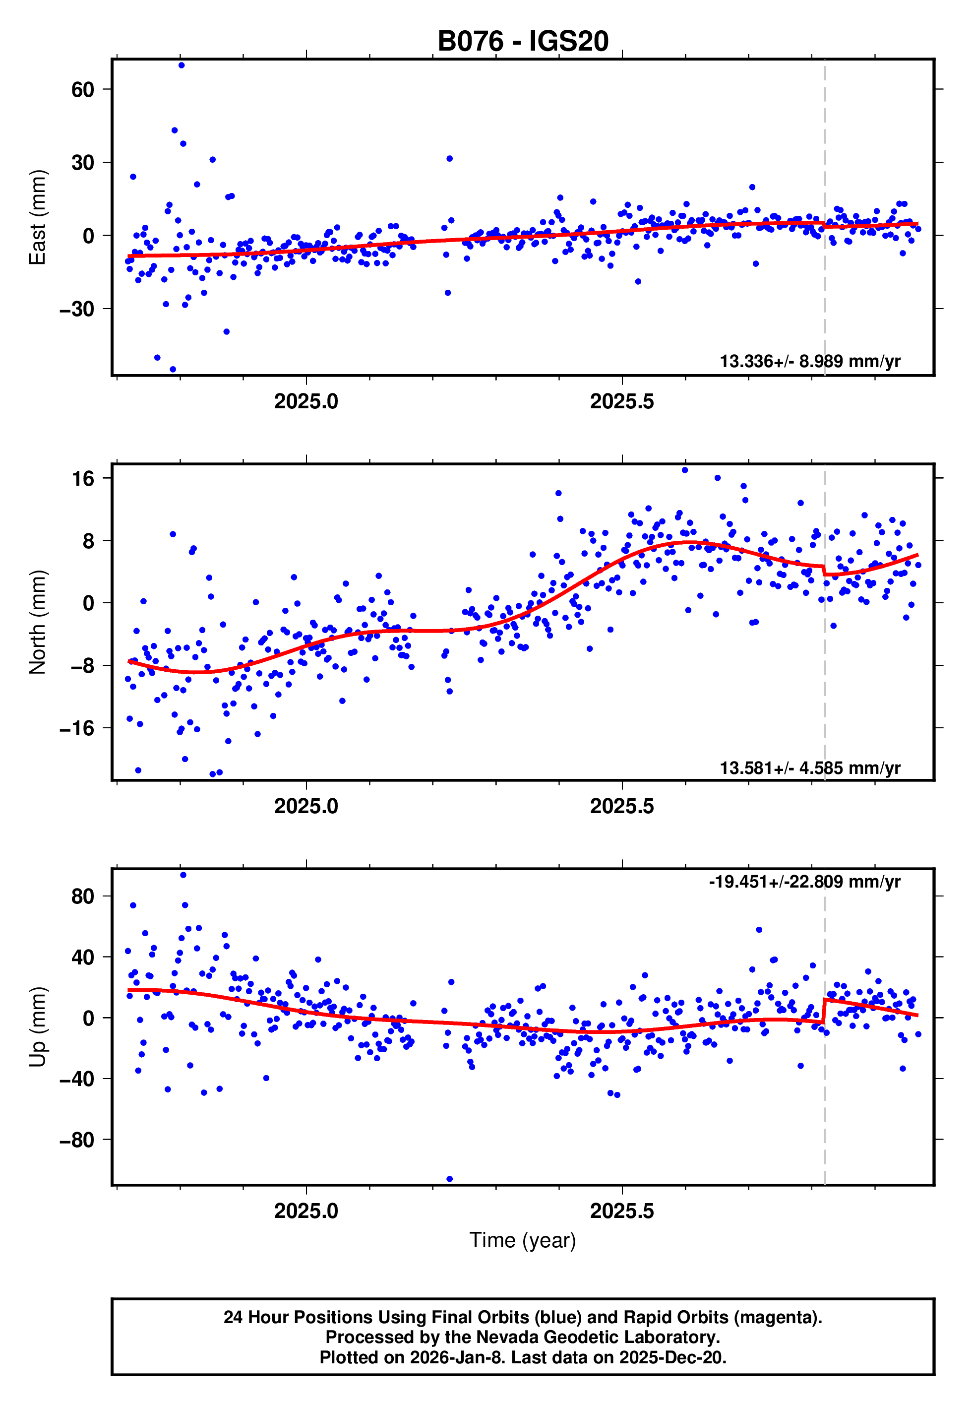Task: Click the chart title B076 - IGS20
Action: click(x=523, y=42)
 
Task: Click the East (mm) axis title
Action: click(x=37, y=217)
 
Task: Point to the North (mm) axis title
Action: click(x=37, y=622)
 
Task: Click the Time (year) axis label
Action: click(x=523, y=1240)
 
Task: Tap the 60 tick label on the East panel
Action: click(x=83, y=90)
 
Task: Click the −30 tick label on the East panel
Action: click(x=77, y=309)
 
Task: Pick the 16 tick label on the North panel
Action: click(x=83, y=479)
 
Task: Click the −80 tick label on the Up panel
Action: click(x=77, y=1140)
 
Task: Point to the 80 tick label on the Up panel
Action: click(x=83, y=896)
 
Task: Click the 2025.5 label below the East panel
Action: click(x=622, y=402)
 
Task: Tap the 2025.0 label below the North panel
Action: click(x=306, y=806)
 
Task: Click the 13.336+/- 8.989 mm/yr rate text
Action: click(x=810, y=362)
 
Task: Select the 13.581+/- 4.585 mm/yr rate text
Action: click(x=810, y=767)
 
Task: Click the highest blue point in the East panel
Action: click(x=182, y=65)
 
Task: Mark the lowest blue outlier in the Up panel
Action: click(x=449, y=1179)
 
